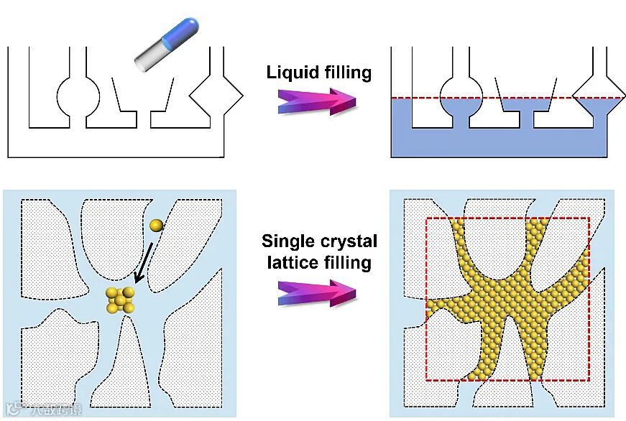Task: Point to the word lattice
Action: [293, 262]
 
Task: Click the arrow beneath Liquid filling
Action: [317, 101]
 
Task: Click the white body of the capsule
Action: [149, 57]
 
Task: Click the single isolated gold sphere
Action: [157, 226]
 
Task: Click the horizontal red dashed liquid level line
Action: [503, 97]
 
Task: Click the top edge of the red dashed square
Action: [507, 218]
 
